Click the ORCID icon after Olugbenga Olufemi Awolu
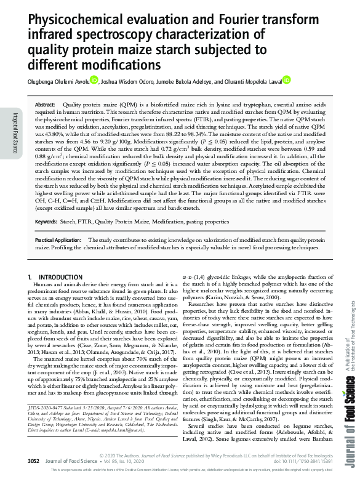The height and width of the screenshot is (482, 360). pyautogui.click(x=94, y=80)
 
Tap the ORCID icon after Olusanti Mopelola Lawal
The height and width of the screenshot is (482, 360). pyautogui.click(x=287, y=80)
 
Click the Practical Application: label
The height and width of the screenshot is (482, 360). pyautogui.click(x=58, y=239)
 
